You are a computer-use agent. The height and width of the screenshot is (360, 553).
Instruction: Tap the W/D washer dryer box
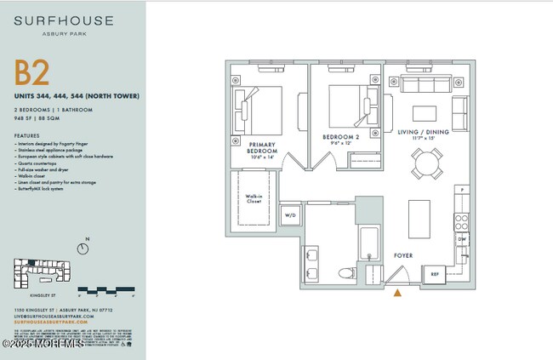coord(289,214)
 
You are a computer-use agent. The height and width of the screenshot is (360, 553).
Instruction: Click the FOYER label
coord(403,254)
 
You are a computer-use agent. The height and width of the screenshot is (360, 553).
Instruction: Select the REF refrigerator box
coord(435,274)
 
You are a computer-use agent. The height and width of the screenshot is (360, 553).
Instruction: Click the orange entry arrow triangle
coord(396,294)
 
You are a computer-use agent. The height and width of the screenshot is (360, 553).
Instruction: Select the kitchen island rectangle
coord(419,218)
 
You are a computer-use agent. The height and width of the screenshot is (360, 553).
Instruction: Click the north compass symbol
coord(83,249)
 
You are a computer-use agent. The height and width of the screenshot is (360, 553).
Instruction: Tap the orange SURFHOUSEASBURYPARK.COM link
coord(52,323)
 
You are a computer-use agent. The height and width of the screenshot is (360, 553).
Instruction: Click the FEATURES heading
coord(27,136)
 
